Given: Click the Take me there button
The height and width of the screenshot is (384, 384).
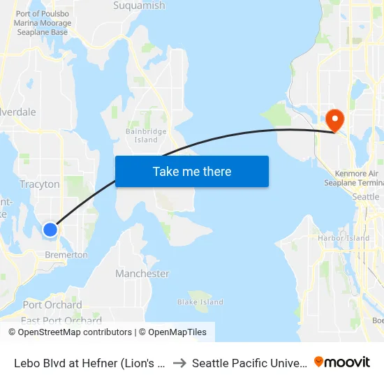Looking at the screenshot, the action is pos(192,171).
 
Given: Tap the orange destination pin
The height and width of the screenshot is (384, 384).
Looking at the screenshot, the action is pos(335,120).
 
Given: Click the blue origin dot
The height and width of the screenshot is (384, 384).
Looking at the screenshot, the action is pos(50,229).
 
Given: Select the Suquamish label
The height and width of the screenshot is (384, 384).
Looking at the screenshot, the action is pos(140,6).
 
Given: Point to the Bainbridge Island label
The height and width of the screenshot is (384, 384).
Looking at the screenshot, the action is pos(146,135).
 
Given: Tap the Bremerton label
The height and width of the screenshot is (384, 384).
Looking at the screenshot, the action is pos(66,255).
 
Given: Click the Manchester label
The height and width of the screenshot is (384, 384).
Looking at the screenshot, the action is pos(142,274).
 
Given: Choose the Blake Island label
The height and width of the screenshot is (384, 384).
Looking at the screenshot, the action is pos(200,302).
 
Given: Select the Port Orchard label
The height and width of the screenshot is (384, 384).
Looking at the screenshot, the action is pos(52,304).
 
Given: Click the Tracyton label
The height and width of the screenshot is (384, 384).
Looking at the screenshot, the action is pos(40,184).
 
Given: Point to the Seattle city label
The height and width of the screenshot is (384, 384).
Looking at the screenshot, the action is pos(366,197).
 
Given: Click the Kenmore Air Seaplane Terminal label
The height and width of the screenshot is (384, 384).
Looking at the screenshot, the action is pos(351,178).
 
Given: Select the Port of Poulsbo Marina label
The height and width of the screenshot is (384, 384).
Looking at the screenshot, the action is pos(42,23).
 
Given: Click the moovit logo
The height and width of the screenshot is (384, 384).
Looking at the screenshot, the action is pos(342,362).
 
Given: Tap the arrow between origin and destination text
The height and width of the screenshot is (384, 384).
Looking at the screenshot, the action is pos(179,362).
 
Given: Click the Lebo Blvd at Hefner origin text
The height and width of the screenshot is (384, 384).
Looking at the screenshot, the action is pos(89,362).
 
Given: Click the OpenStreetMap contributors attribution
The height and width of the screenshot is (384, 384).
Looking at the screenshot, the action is pos(70,332).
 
